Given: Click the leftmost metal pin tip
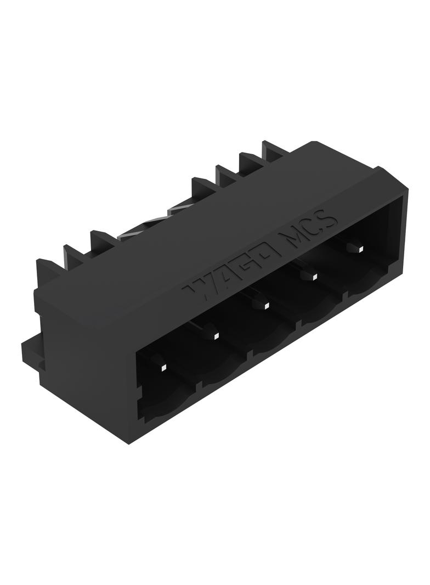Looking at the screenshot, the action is click(x=163, y=369).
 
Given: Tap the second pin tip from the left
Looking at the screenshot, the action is click(x=215, y=337).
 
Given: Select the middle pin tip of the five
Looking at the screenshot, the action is click(x=266, y=306).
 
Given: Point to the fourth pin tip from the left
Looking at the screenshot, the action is click(x=314, y=277).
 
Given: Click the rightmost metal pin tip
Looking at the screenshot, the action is click(x=361, y=248).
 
